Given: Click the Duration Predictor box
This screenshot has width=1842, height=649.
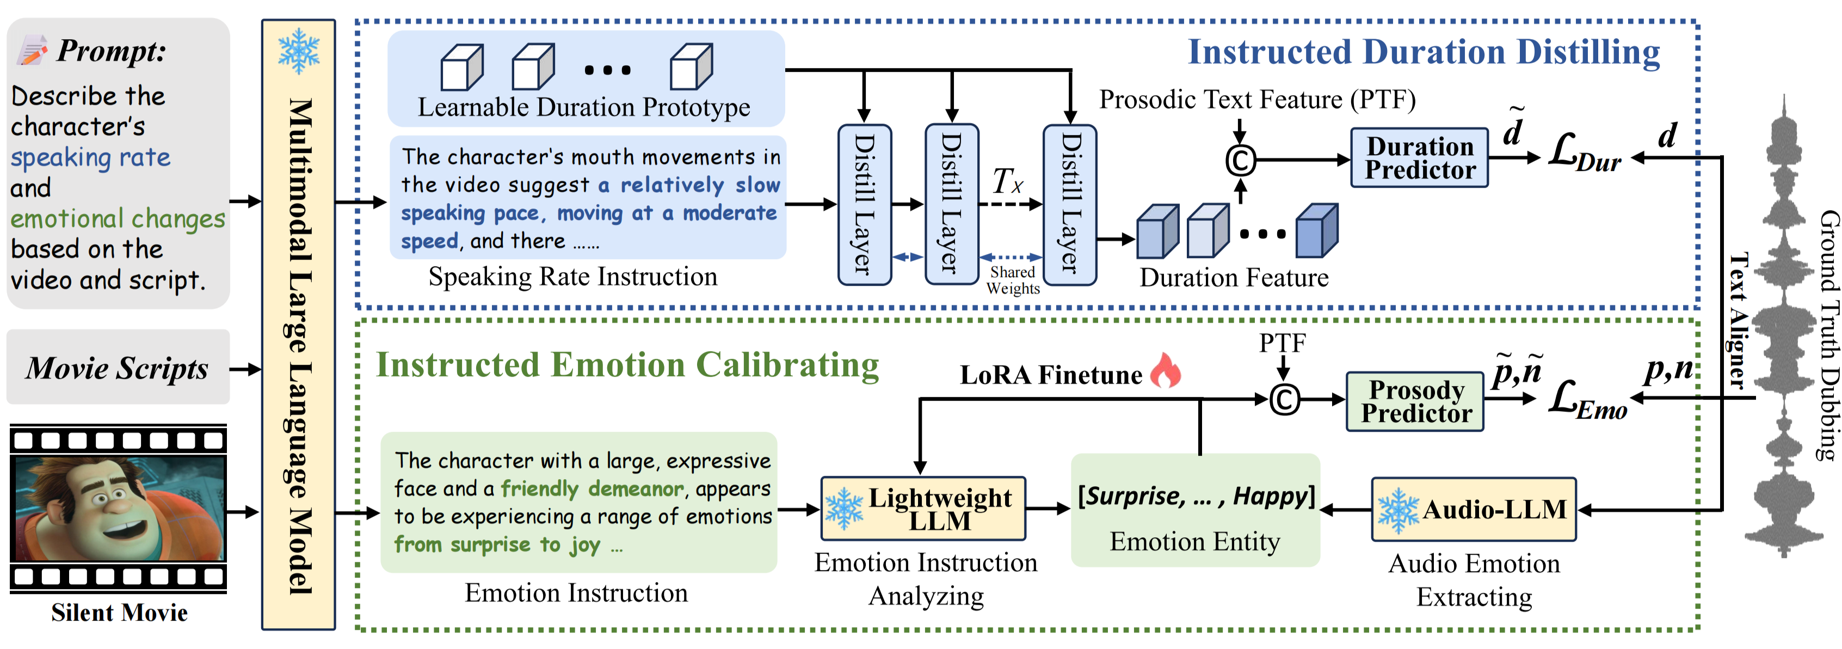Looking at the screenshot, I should [x=1419, y=158].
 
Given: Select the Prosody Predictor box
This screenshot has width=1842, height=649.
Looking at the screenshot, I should [x=1414, y=401].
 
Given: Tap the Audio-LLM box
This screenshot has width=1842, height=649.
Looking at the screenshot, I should [x=1474, y=510].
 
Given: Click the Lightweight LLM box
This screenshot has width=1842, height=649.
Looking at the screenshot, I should [x=923, y=509].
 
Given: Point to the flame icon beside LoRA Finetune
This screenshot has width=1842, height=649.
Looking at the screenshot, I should [x=1165, y=371].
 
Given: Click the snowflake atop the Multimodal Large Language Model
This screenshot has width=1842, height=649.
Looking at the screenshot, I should [x=299, y=52].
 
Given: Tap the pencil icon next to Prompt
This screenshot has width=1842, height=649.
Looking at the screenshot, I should [x=32, y=51].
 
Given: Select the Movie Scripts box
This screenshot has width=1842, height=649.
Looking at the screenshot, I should [x=118, y=368].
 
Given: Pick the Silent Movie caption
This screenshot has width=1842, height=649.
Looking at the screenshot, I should [x=119, y=613].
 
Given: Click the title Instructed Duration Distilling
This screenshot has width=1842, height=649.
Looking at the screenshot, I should [x=1423, y=52].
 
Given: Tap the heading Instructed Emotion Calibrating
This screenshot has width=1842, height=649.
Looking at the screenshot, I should [x=627, y=364].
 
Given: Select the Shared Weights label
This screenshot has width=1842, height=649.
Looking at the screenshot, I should [x=1013, y=280].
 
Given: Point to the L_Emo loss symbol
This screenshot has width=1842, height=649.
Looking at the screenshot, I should [x=1587, y=401].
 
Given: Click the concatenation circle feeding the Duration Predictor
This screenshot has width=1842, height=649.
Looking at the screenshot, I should [x=1241, y=160].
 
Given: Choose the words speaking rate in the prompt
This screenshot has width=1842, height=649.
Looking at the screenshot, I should [x=91, y=157].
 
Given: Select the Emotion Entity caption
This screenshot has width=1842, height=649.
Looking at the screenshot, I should [x=1194, y=542].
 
